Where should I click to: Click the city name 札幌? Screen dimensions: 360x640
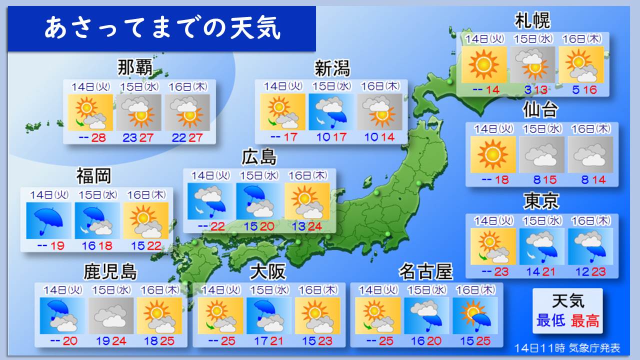coord(532,21)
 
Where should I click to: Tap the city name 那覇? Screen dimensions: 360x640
coord(135,67)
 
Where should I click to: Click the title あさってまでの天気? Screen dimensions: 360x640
coord(162,28)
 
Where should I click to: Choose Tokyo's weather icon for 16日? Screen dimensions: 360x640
coord(590,246)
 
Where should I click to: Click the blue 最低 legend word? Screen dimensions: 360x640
coord(550,320)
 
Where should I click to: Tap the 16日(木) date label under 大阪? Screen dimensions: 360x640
coord(317,289)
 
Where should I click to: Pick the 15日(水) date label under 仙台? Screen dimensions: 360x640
coord(541,128)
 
